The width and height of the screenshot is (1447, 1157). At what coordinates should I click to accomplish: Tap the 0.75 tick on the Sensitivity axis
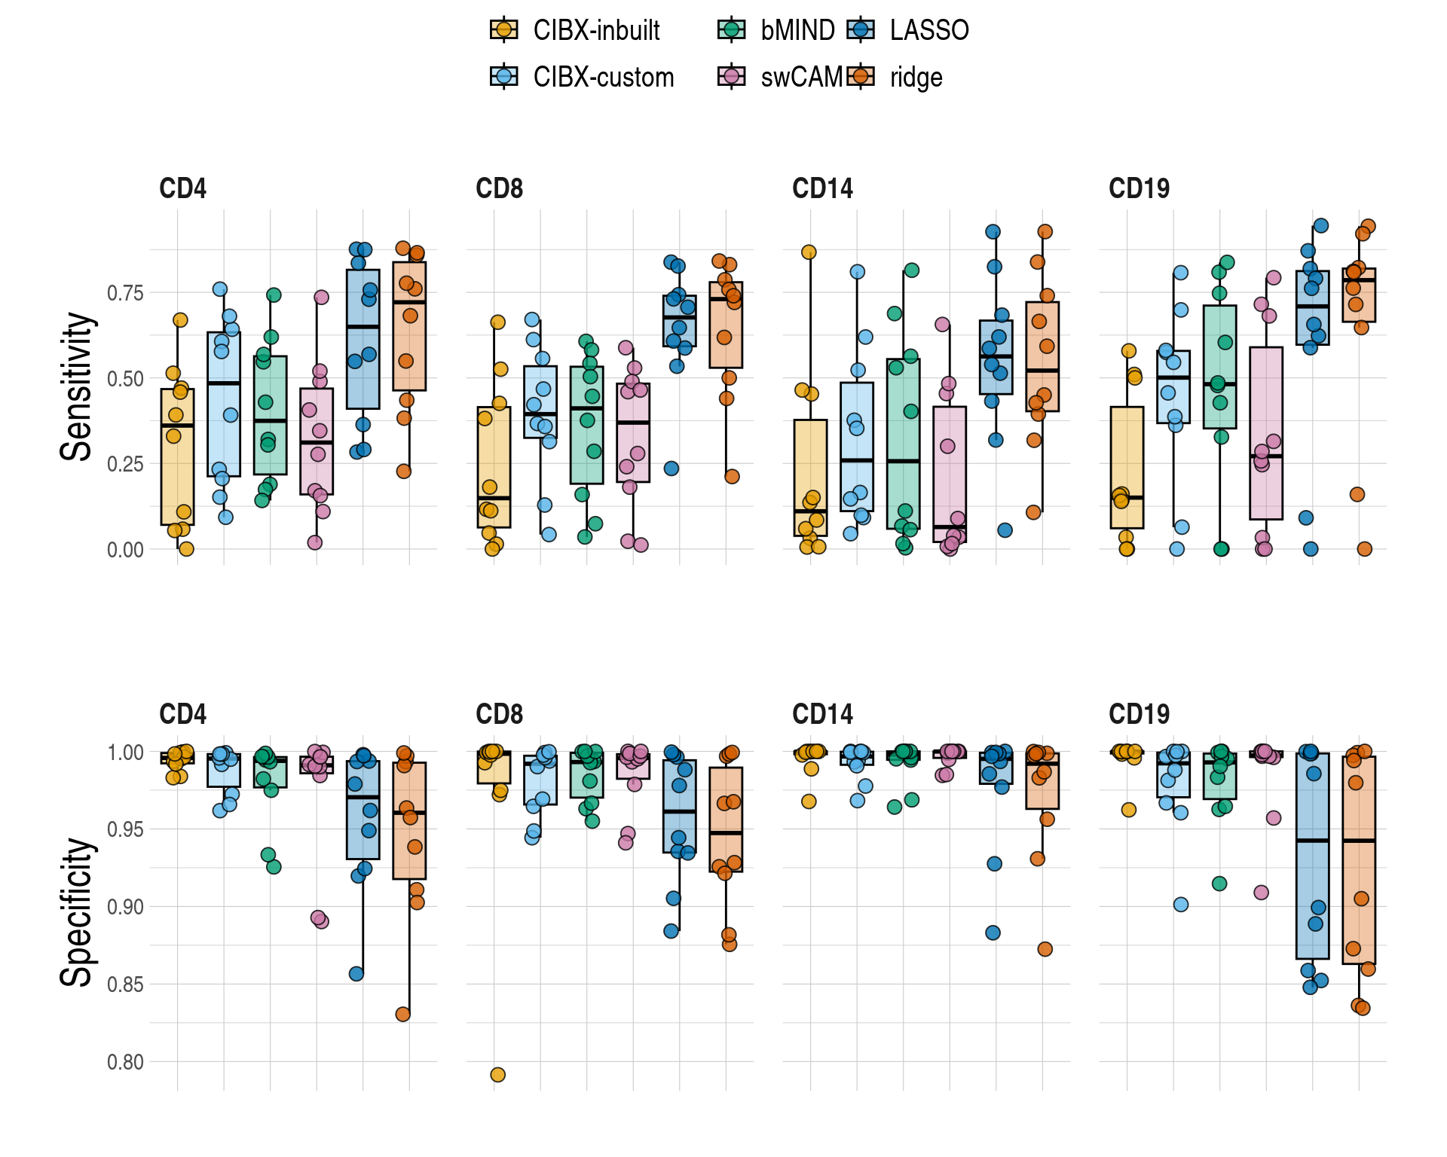pos(125,293)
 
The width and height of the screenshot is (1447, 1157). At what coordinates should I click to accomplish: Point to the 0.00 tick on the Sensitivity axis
pos(125,550)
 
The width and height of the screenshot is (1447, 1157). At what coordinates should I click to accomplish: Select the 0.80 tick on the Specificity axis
pos(125,1062)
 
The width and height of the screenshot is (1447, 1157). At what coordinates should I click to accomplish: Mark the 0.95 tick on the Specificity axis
pos(125,830)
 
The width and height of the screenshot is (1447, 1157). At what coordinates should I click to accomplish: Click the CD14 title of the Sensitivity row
pos(822,188)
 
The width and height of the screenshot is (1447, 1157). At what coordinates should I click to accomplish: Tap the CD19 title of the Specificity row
pos(1139,714)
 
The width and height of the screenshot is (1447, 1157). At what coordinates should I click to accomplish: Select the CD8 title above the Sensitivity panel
pos(499,188)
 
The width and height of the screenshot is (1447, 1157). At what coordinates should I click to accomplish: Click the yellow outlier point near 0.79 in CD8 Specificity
pos(497,1075)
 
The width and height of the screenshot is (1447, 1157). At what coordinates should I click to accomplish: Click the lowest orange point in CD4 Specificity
pos(403,1015)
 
